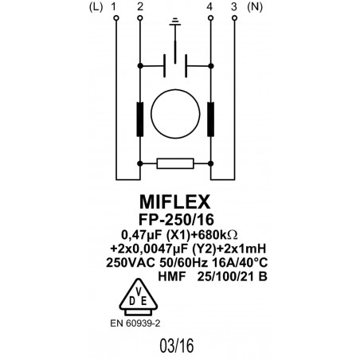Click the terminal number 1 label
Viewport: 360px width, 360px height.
[116, 7]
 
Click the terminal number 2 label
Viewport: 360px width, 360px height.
[140, 7]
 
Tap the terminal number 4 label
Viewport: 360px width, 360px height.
[209, 7]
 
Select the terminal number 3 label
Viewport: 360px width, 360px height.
[233, 7]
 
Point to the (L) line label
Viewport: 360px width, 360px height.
[96, 7]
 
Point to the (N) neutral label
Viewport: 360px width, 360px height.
[256, 7]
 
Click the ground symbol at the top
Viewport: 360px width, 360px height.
[175, 29]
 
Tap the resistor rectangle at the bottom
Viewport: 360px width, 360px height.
[175, 164]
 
